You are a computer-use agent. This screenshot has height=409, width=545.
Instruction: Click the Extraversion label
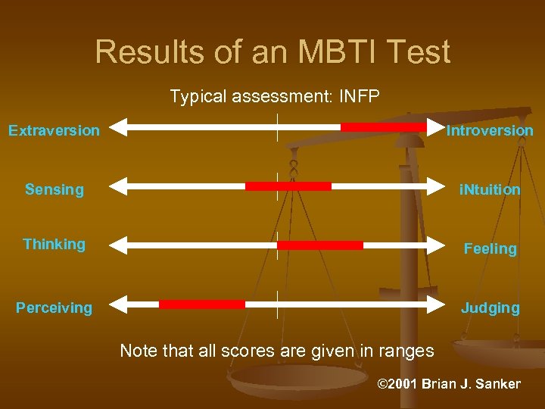coord(54,130)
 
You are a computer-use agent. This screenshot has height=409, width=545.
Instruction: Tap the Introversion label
coord(490,130)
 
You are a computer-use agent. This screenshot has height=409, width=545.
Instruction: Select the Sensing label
coord(54,189)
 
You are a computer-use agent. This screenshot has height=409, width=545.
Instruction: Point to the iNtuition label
coord(490,189)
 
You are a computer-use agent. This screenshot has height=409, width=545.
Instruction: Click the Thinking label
coord(54,244)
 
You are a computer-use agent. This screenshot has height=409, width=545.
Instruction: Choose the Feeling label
coord(490,248)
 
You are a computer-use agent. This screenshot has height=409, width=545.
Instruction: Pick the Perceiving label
coord(54,308)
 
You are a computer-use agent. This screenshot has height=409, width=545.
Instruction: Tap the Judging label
coord(490,308)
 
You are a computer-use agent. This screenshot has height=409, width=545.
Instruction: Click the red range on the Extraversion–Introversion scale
coord(383,127)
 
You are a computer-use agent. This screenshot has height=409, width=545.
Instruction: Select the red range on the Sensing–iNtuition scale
coord(288,186)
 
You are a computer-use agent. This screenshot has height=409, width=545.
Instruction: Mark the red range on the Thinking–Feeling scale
coord(320,245)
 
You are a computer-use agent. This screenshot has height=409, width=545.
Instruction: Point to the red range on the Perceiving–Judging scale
coord(202,304)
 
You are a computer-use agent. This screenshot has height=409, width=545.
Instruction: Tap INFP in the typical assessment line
coord(360,97)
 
